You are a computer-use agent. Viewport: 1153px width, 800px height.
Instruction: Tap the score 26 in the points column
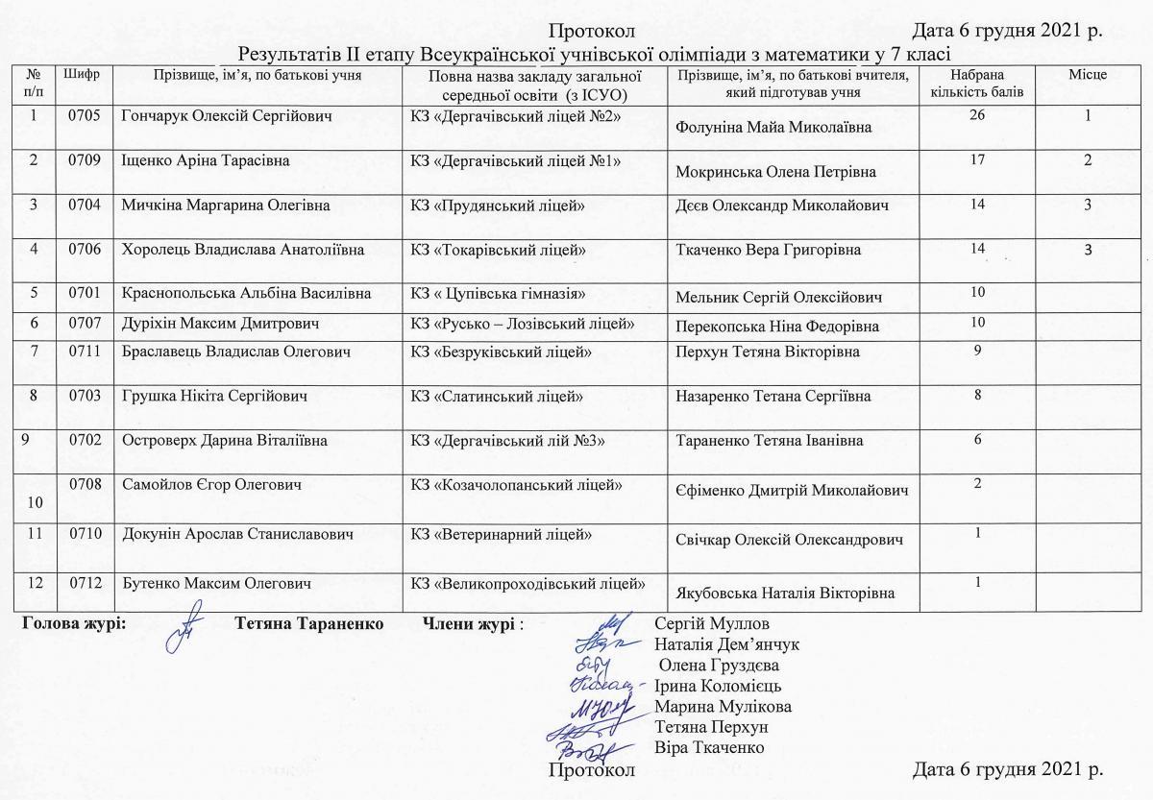(978, 116)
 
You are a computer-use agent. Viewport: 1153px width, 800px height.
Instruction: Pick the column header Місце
(1088, 74)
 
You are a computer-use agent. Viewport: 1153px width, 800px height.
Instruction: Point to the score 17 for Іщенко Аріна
(978, 159)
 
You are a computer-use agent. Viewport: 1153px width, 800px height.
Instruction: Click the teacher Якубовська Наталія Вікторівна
(786, 593)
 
